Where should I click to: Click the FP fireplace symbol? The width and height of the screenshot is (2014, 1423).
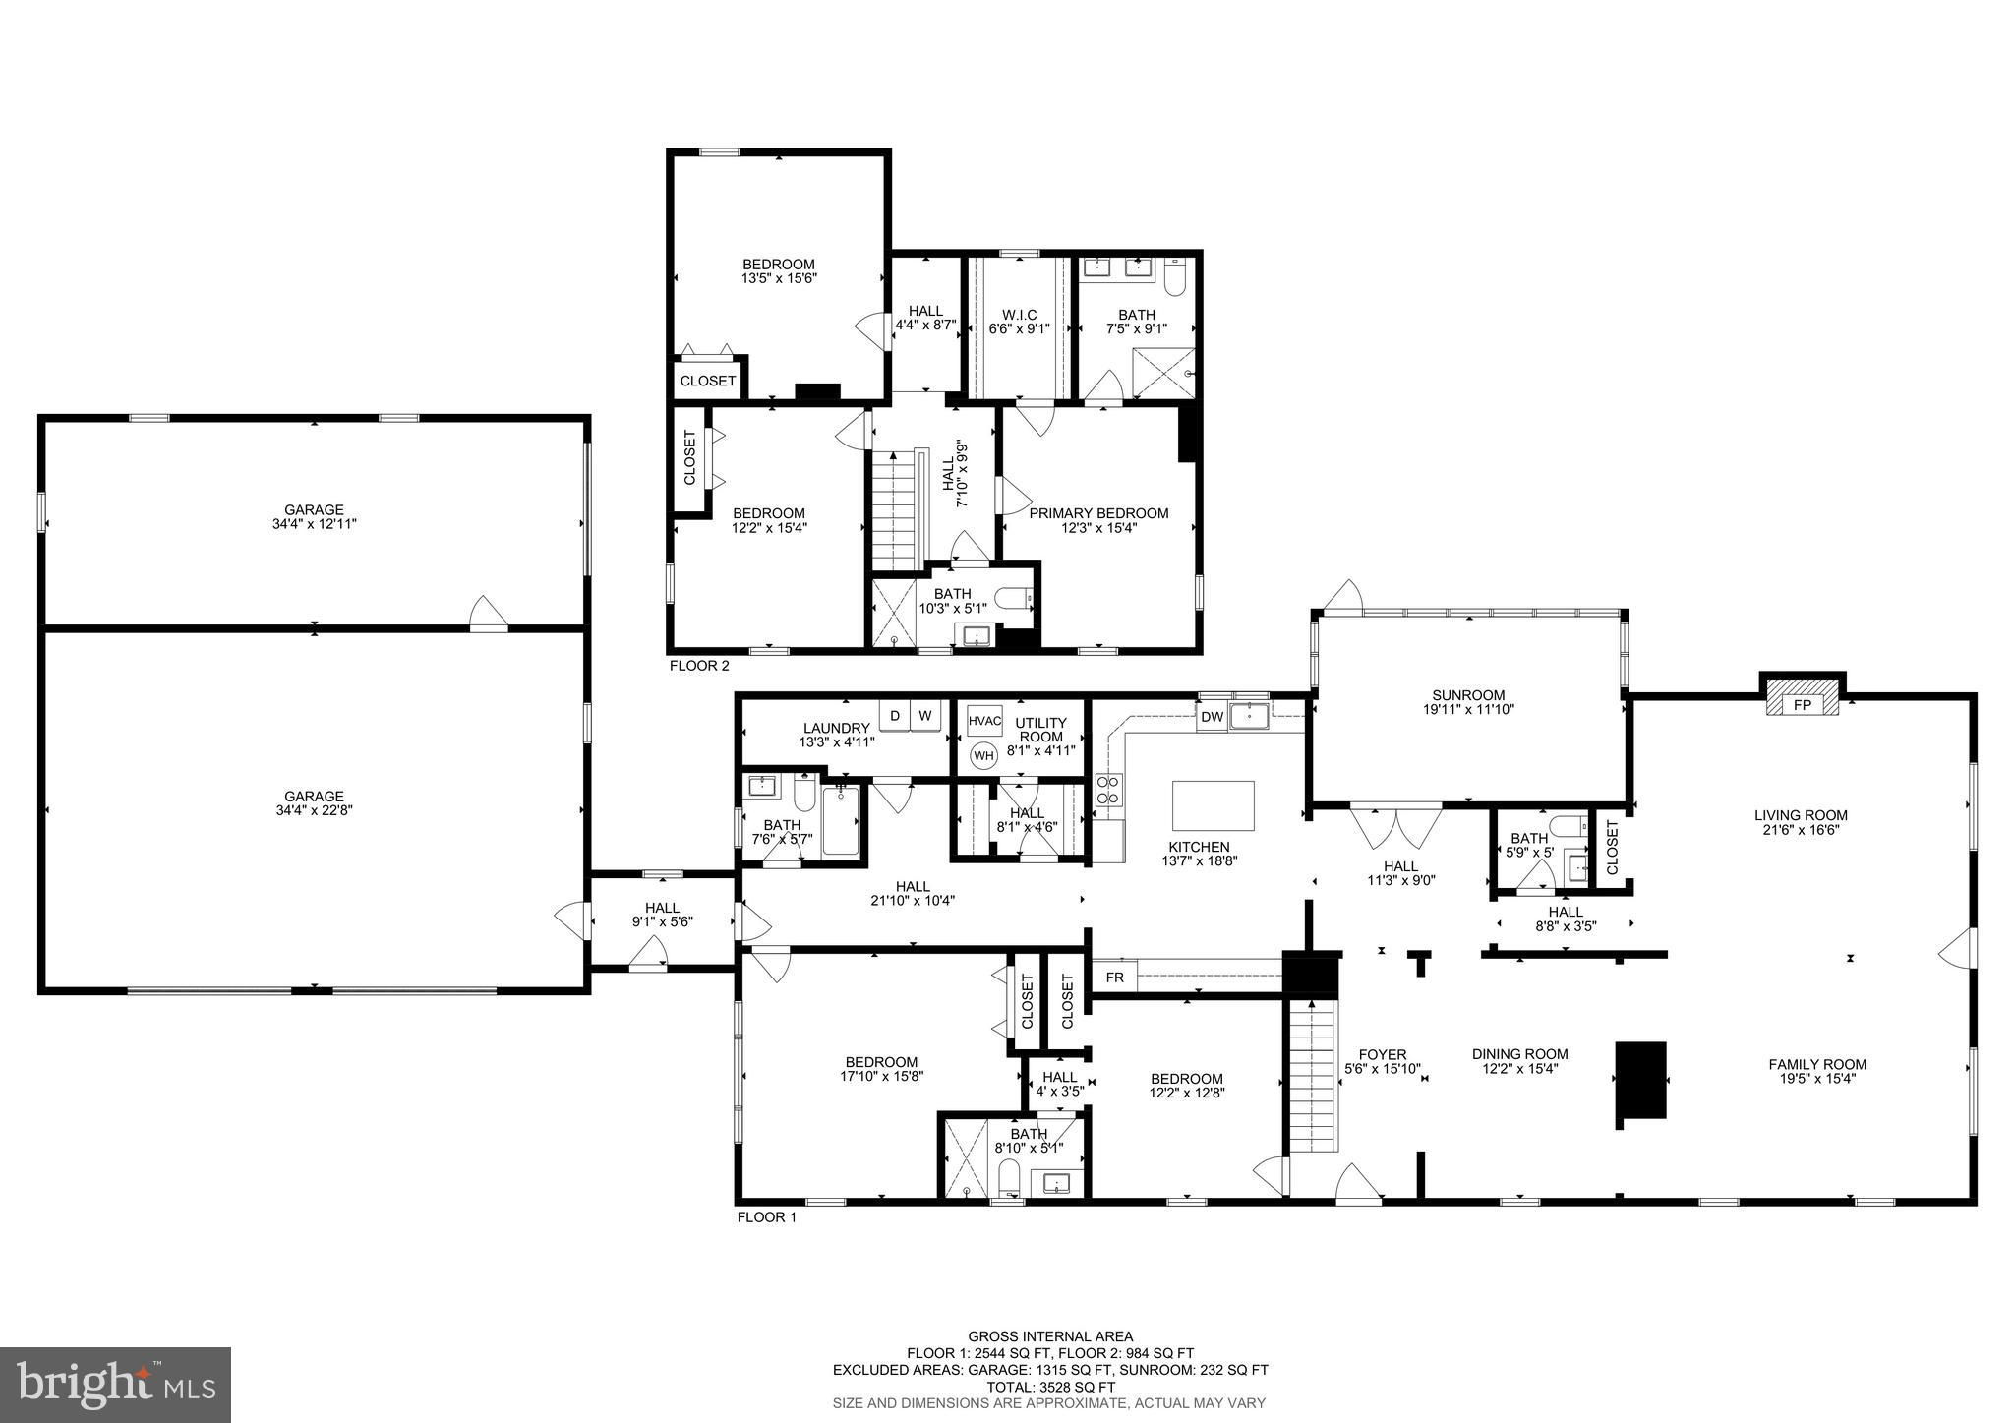point(1802,704)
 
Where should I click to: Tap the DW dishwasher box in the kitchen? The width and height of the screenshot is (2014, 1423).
point(1212,717)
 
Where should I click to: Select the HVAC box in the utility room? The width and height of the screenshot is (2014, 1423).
point(984,721)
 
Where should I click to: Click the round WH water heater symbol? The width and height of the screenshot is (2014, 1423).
point(983,755)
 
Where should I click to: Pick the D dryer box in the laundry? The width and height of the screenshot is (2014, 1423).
point(895,715)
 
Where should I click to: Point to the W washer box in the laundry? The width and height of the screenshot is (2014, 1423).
point(925,715)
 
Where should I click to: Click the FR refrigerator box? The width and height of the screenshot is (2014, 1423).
point(1114,978)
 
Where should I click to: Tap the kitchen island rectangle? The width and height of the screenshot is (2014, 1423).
point(1214,805)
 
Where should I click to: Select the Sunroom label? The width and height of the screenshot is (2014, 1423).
point(1468,695)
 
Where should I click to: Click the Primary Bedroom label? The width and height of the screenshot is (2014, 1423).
point(1098,513)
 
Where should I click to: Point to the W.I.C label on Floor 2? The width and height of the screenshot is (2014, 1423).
point(1020,315)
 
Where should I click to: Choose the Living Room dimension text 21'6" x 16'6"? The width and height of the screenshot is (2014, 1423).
point(1801,829)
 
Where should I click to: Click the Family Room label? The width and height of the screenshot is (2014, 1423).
point(1817,1064)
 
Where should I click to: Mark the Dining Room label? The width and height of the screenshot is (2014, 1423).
point(1519,1054)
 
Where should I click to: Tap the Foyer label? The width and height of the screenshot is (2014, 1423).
point(1383,1054)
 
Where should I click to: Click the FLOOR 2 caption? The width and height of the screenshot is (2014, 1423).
point(699,666)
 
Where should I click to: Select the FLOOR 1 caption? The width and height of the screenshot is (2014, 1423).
point(766,1217)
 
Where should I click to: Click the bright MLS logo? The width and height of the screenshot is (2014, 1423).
point(116,1385)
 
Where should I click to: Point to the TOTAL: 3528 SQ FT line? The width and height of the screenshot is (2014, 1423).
point(1050,1386)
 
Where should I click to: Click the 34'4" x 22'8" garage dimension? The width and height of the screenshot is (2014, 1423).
point(315,811)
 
